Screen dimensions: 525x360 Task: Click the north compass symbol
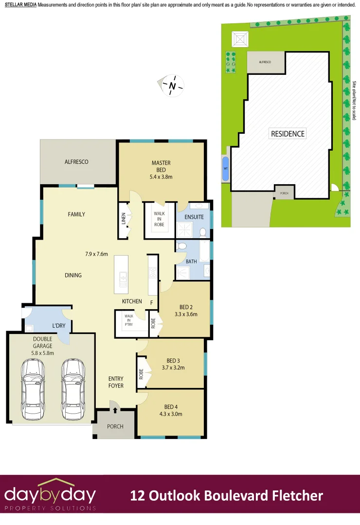pyautogui.click(x=172, y=86)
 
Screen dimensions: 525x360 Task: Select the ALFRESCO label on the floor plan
pyautogui.click(x=76, y=162)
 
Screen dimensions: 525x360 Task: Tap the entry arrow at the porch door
pyautogui.click(x=115, y=411)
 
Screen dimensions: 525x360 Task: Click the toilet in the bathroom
pyautogui.click(x=181, y=246)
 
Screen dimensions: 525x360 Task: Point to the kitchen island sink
pyautogui.click(x=123, y=278)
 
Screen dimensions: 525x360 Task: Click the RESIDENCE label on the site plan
pyautogui.click(x=288, y=134)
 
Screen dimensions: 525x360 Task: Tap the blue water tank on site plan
pyautogui.click(x=225, y=168)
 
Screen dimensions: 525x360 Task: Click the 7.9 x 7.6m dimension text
pyautogui.click(x=96, y=253)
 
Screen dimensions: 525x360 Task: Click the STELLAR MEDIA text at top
pyautogui.click(x=20, y=4)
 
